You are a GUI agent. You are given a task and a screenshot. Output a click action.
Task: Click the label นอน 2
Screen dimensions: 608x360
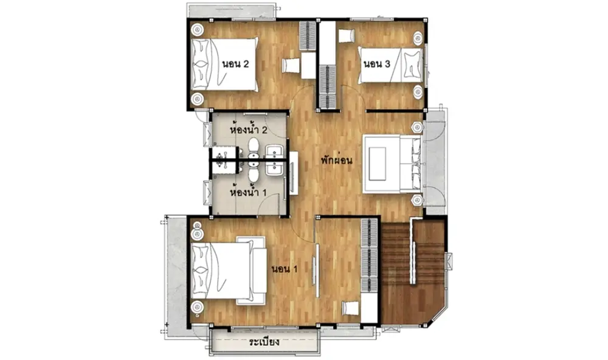click(x=235, y=64)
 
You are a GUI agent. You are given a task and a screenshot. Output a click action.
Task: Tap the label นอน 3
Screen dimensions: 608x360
click(x=376, y=64)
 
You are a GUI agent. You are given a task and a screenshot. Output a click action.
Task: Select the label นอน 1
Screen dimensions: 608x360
click(x=284, y=269)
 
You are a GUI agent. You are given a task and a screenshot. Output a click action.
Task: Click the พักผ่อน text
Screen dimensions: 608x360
click(x=337, y=160)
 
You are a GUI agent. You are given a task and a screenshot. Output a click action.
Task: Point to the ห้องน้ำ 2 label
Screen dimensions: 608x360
click(x=248, y=129)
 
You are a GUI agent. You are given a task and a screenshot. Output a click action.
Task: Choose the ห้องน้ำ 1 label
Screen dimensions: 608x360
click(x=248, y=192)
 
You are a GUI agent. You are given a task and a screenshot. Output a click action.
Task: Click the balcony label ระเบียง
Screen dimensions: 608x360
click(x=264, y=342)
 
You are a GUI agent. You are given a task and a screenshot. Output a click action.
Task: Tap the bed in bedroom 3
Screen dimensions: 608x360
click(x=390, y=65)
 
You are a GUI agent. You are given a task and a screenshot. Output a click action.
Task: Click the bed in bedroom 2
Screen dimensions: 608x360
click(x=224, y=64)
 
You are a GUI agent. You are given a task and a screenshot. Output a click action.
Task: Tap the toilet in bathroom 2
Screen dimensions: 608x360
click(x=254, y=147)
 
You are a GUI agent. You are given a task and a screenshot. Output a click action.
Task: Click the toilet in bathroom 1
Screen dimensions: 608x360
click(x=254, y=173)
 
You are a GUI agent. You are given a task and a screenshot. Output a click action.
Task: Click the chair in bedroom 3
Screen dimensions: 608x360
click(x=347, y=36)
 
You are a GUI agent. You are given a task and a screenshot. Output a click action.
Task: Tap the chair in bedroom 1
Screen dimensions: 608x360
click(x=351, y=308)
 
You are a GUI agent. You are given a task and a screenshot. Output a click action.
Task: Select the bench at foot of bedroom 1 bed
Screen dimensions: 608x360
click(x=258, y=271)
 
